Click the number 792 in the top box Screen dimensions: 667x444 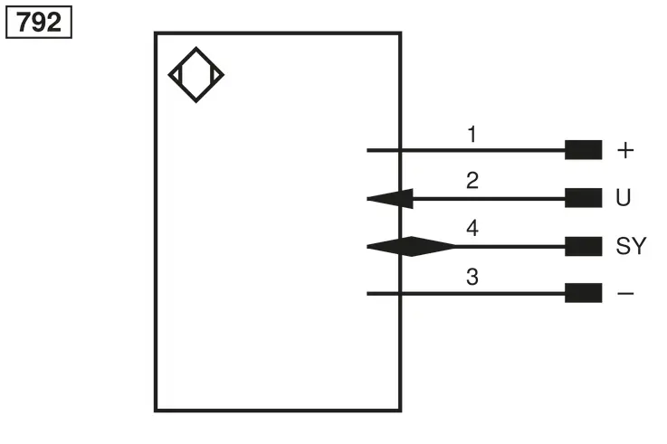click(39, 22)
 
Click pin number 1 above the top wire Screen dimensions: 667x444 click(472, 134)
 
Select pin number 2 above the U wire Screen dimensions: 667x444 click(472, 181)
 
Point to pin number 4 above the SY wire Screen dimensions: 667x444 click(472, 228)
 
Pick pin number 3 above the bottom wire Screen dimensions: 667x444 click(472, 277)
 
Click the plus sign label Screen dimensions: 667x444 click(625, 150)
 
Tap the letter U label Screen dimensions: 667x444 click(624, 197)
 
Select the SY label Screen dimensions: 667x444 click(632, 246)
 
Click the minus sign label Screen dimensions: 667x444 click(625, 293)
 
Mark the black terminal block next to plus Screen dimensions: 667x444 click(583, 150)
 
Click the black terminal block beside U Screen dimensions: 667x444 click(583, 198)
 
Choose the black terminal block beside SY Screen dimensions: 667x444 click(583, 247)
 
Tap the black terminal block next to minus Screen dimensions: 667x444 click(583, 293)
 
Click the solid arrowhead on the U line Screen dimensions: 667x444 click(390, 199)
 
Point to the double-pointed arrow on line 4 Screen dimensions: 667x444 click(412, 247)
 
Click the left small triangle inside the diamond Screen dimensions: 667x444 click(176, 75)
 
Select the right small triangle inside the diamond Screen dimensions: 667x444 click(215, 75)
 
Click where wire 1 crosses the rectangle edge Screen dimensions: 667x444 click(400, 150)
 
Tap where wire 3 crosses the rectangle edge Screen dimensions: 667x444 click(400, 293)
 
